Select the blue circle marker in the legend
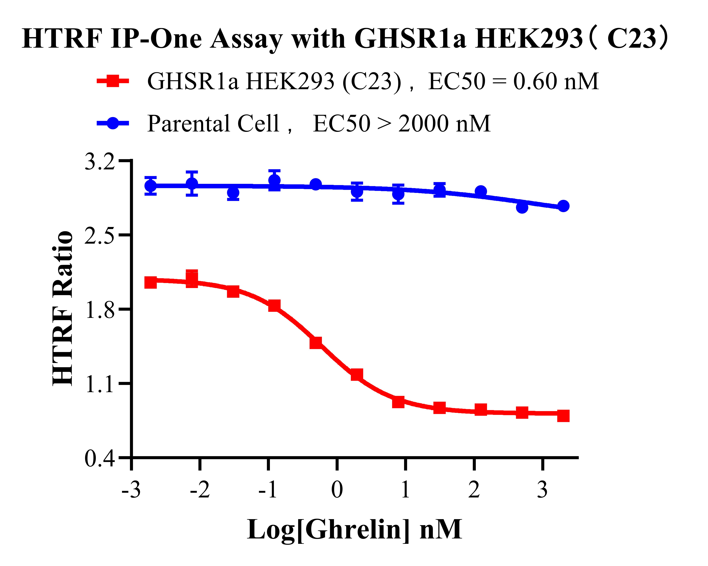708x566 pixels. [113, 123]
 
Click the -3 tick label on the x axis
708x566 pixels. [131, 490]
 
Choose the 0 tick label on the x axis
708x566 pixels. [337, 490]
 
